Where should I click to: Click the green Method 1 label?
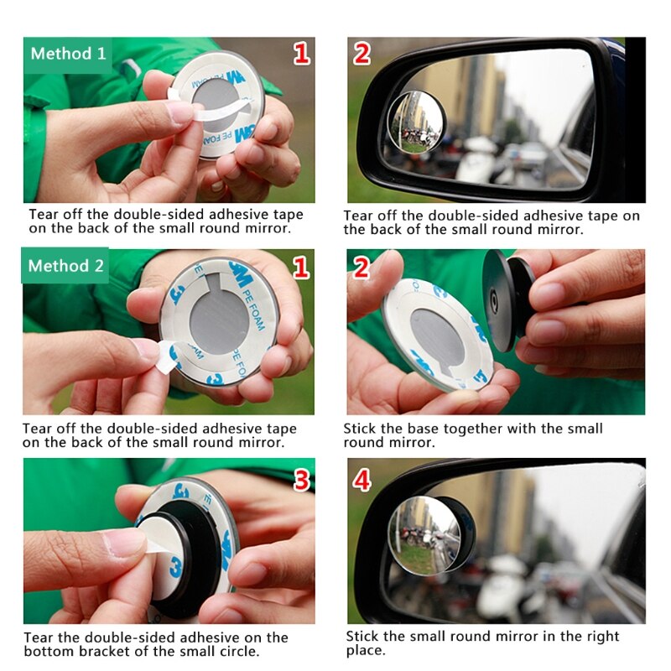pyautogui.click(x=68, y=54)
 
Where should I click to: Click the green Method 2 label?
pyautogui.click(x=66, y=266)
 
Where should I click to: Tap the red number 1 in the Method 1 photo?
pyautogui.click(x=300, y=55)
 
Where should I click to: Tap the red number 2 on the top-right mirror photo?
pyautogui.click(x=362, y=54)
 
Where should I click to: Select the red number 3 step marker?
pyautogui.click(x=301, y=480)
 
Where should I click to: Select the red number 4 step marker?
pyautogui.click(x=362, y=480)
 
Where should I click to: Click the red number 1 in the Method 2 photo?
pyautogui.click(x=300, y=268)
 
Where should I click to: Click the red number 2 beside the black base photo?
pyautogui.click(x=362, y=268)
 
